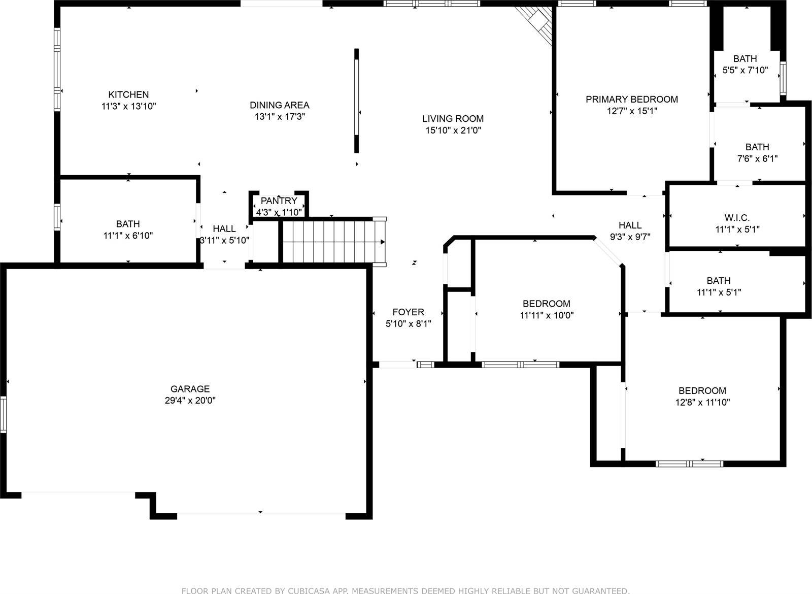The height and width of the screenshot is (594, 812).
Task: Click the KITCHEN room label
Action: click(x=128, y=94)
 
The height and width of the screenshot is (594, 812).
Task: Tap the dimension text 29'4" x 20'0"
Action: click(x=190, y=401)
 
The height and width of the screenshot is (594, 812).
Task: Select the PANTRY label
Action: click(x=279, y=201)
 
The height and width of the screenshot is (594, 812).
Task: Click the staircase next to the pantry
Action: click(x=332, y=242)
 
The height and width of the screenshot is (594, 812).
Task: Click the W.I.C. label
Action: click(x=737, y=218)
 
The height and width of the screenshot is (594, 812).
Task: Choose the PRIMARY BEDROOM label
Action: click(x=631, y=99)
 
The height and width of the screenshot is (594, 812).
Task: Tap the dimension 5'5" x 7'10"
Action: click(x=745, y=71)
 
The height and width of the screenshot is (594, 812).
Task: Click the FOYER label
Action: click(x=408, y=312)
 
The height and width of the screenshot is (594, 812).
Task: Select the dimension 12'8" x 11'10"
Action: click(x=702, y=403)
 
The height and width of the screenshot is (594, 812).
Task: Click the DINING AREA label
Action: click(x=279, y=105)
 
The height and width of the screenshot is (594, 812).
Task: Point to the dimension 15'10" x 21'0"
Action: click(x=453, y=130)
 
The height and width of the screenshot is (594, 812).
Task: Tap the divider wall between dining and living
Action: click(x=356, y=100)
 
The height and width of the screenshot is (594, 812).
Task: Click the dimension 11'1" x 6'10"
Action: click(x=128, y=236)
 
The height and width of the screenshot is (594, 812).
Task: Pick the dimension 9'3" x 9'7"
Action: click(x=630, y=237)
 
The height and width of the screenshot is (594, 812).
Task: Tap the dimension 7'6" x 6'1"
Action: click(x=757, y=159)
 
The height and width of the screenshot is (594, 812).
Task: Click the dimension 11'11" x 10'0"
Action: click(x=547, y=315)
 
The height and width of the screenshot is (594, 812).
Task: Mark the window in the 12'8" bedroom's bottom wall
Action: click(x=689, y=464)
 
